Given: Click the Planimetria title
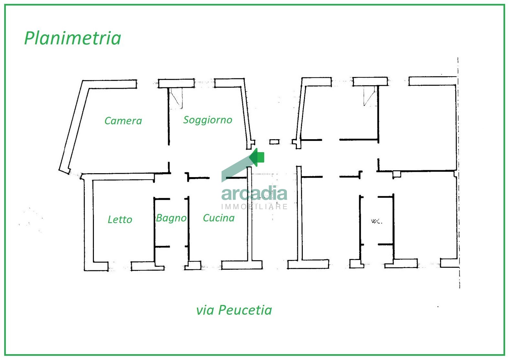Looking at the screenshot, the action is (x=73, y=38).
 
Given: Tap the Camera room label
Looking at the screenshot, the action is (x=123, y=121).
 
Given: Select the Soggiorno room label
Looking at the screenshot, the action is (x=208, y=120).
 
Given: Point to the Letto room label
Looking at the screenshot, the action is (x=120, y=219).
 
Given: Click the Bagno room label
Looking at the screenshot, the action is (x=171, y=218).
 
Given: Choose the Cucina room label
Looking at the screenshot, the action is (x=219, y=218).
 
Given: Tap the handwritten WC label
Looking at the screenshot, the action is (x=377, y=221).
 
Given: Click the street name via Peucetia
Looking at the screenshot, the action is (x=234, y=310).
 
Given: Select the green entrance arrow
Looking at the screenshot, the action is (x=256, y=157).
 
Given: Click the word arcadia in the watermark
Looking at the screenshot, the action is (x=254, y=193).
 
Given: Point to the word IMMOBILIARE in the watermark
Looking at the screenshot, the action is (x=254, y=207).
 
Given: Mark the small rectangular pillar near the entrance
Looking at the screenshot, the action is (x=275, y=142).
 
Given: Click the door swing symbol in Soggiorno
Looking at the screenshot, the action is (x=176, y=98).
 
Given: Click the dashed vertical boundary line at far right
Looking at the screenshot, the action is (x=458, y=173).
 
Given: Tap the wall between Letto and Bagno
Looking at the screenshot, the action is (x=154, y=230).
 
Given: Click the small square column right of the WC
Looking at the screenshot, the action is (x=397, y=174).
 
